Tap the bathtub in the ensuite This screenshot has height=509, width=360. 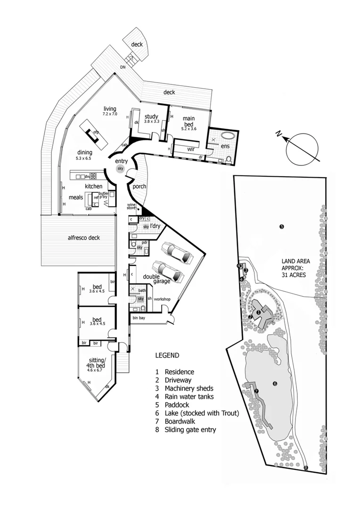pyautogui.click(x=229, y=137)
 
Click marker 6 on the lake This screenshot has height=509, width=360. pyautogui.click(x=275, y=383)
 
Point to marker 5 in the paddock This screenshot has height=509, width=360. pyautogui.click(x=281, y=227)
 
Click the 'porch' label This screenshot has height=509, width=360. pyautogui.click(x=139, y=186)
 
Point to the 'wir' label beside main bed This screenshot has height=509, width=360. pyautogui.click(x=191, y=149)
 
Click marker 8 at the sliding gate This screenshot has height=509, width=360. pyautogui.click(x=305, y=468)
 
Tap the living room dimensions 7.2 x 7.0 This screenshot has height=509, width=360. pyautogui.click(x=110, y=115)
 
